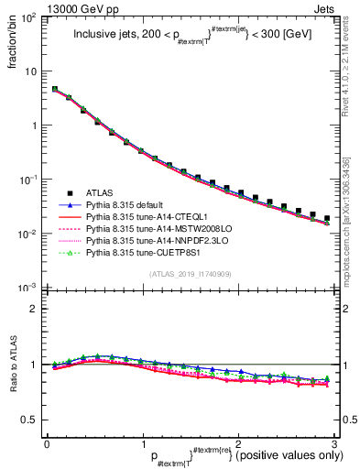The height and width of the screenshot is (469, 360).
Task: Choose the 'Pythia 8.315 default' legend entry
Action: [127, 205]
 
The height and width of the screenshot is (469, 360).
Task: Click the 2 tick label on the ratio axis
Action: [37, 309]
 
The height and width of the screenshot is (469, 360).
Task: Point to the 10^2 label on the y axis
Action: [30, 18]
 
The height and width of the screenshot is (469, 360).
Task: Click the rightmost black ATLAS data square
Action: [327, 218]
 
